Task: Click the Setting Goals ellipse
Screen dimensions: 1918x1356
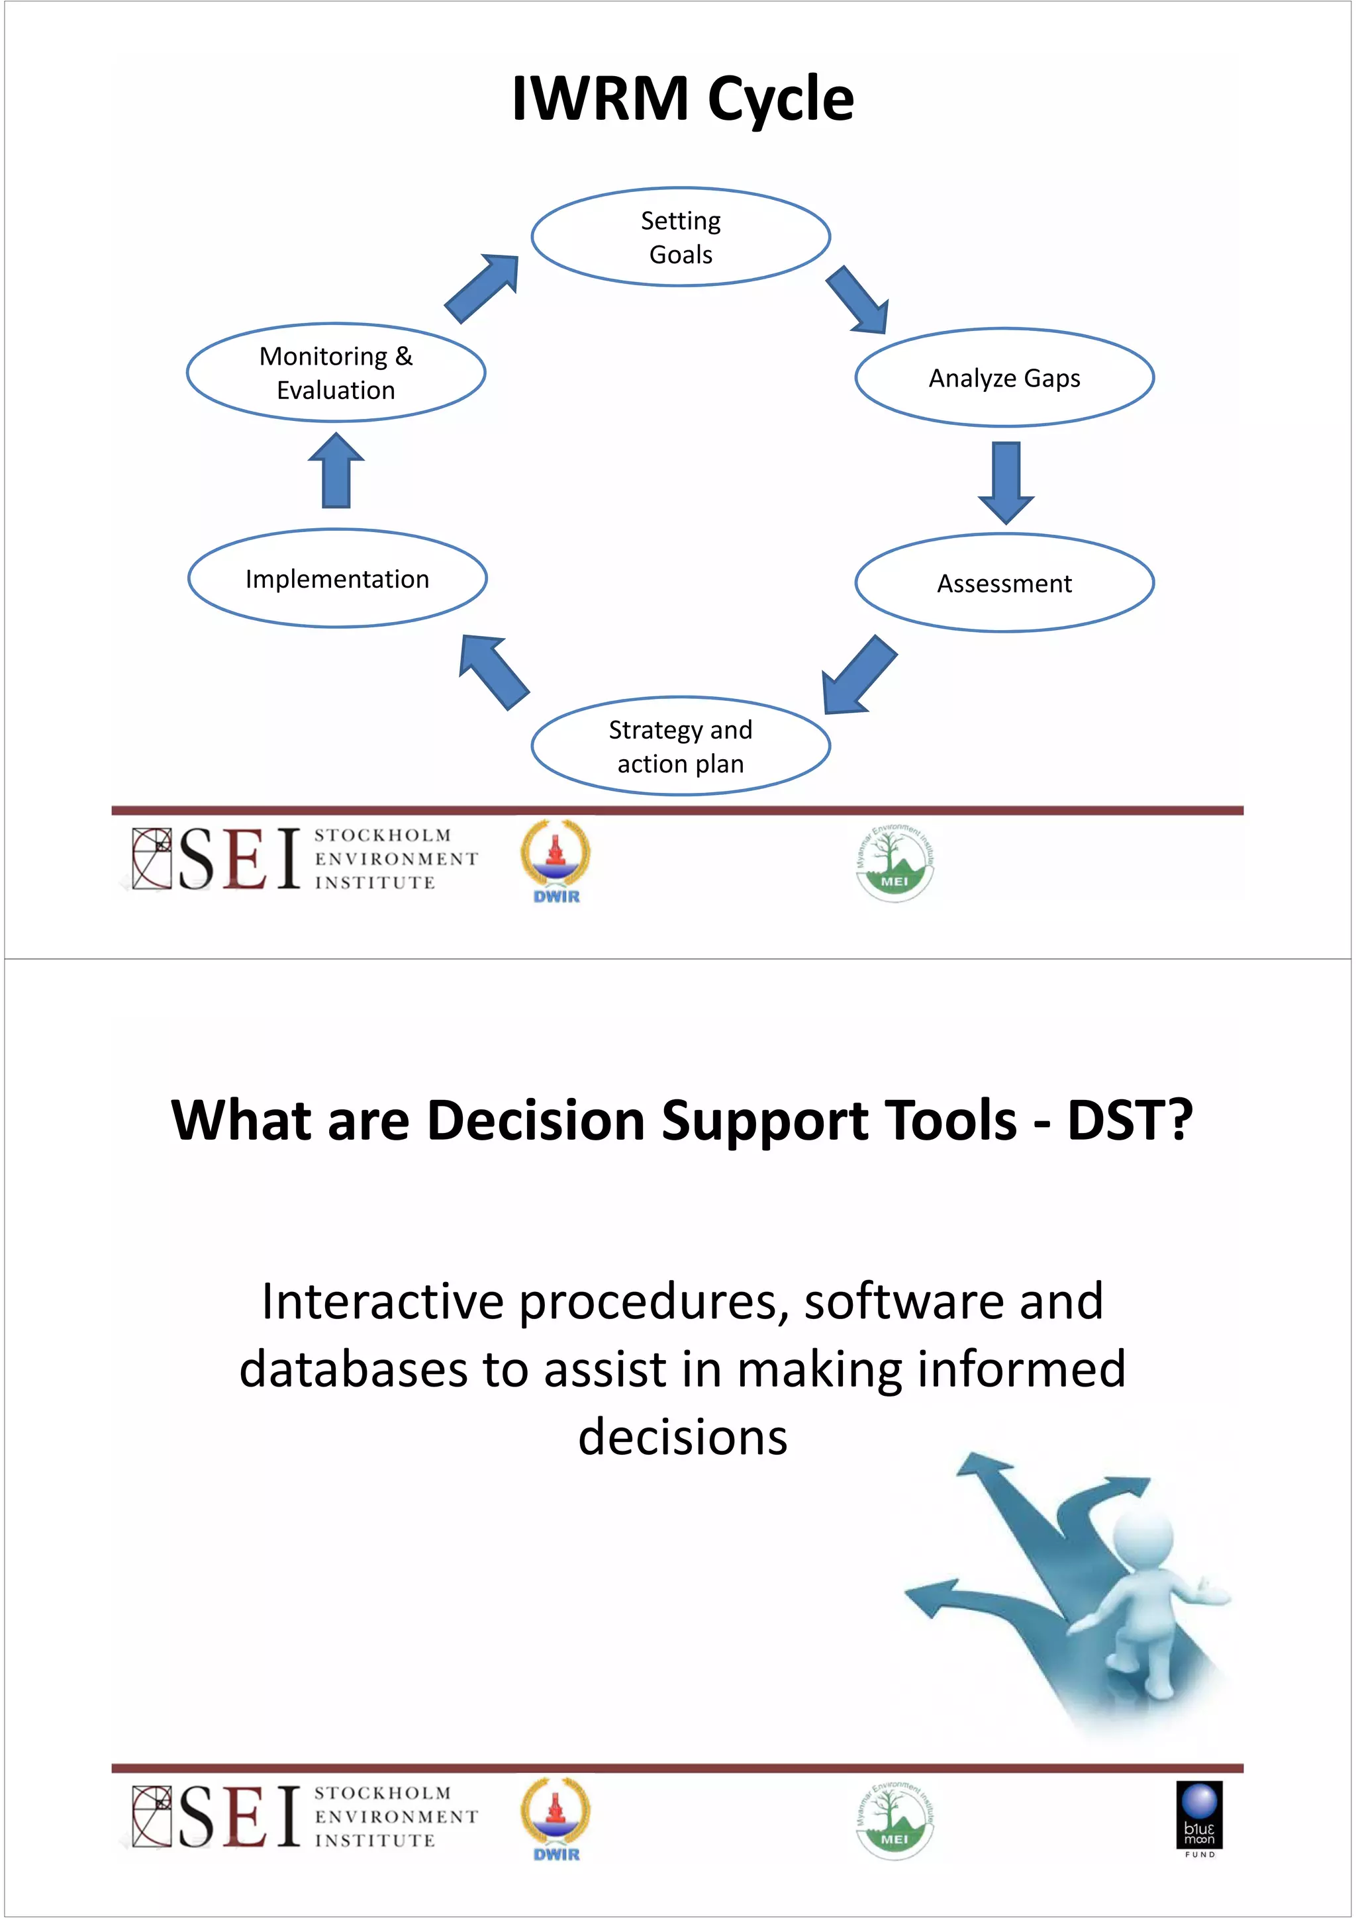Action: click(x=680, y=237)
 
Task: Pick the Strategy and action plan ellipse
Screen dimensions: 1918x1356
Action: click(x=680, y=746)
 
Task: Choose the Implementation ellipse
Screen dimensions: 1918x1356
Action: click(x=337, y=578)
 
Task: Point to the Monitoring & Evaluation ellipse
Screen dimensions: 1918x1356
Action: click(x=336, y=373)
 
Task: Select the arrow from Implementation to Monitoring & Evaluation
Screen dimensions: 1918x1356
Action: click(x=336, y=471)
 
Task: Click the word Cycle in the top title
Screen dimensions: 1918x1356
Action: click(x=781, y=99)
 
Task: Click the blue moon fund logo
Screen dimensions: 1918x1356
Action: click(x=1199, y=1818)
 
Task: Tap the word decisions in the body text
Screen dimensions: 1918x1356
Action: click(x=683, y=1437)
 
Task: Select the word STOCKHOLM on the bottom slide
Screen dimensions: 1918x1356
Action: click(x=383, y=1794)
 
